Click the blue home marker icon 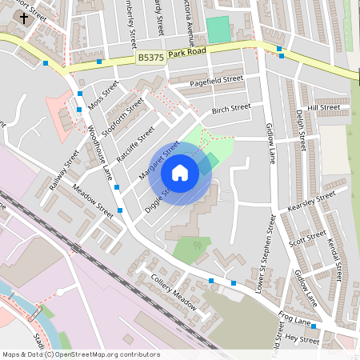pos(180,173)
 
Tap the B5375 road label pos(150,58)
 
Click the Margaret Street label pos(159,160)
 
